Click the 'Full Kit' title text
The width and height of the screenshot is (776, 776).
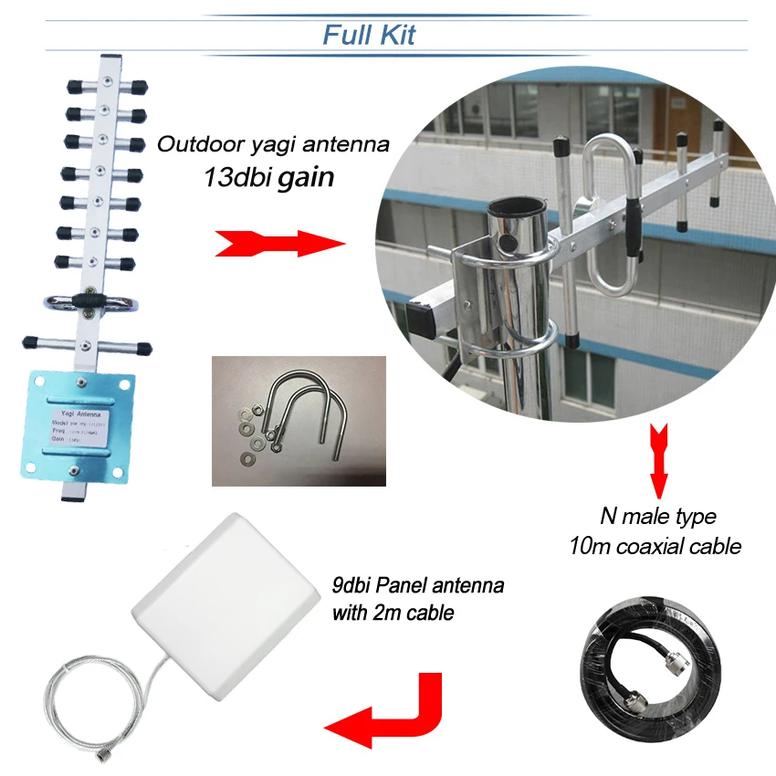pyautogui.click(x=369, y=35)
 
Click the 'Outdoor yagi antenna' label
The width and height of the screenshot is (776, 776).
pyautogui.click(x=274, y=144)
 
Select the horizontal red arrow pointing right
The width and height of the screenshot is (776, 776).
pyautogui.click(x=278, y=244)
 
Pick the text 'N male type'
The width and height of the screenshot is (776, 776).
pyautogui.click(x=657, y=517)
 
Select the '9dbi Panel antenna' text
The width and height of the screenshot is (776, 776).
pyautogui.click(x=415, y=583)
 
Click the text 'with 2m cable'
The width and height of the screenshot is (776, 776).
pyautogui.click(x=393, y=613)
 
